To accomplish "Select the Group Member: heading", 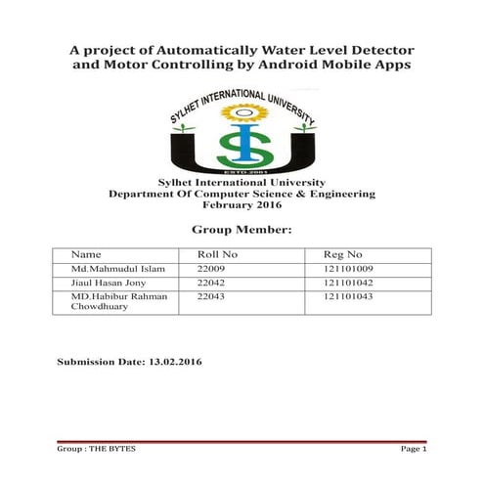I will pos(242,231).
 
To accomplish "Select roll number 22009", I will pos(211,268).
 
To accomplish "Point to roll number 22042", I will pos(211,282).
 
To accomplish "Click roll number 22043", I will pos(211,295).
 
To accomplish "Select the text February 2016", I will pos(241,205).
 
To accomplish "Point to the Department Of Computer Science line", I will pos(241,195).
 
